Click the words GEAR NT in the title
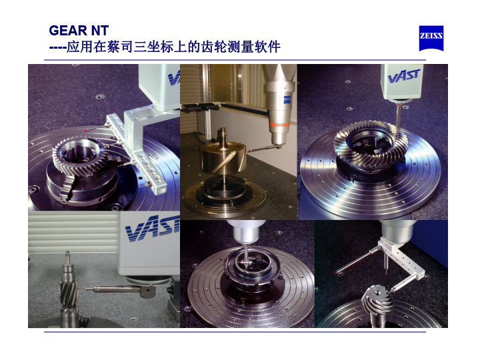[x=79, y=31]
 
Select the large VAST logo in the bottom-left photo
[x=153, y=231]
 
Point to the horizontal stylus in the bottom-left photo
[x=113, y=289]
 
